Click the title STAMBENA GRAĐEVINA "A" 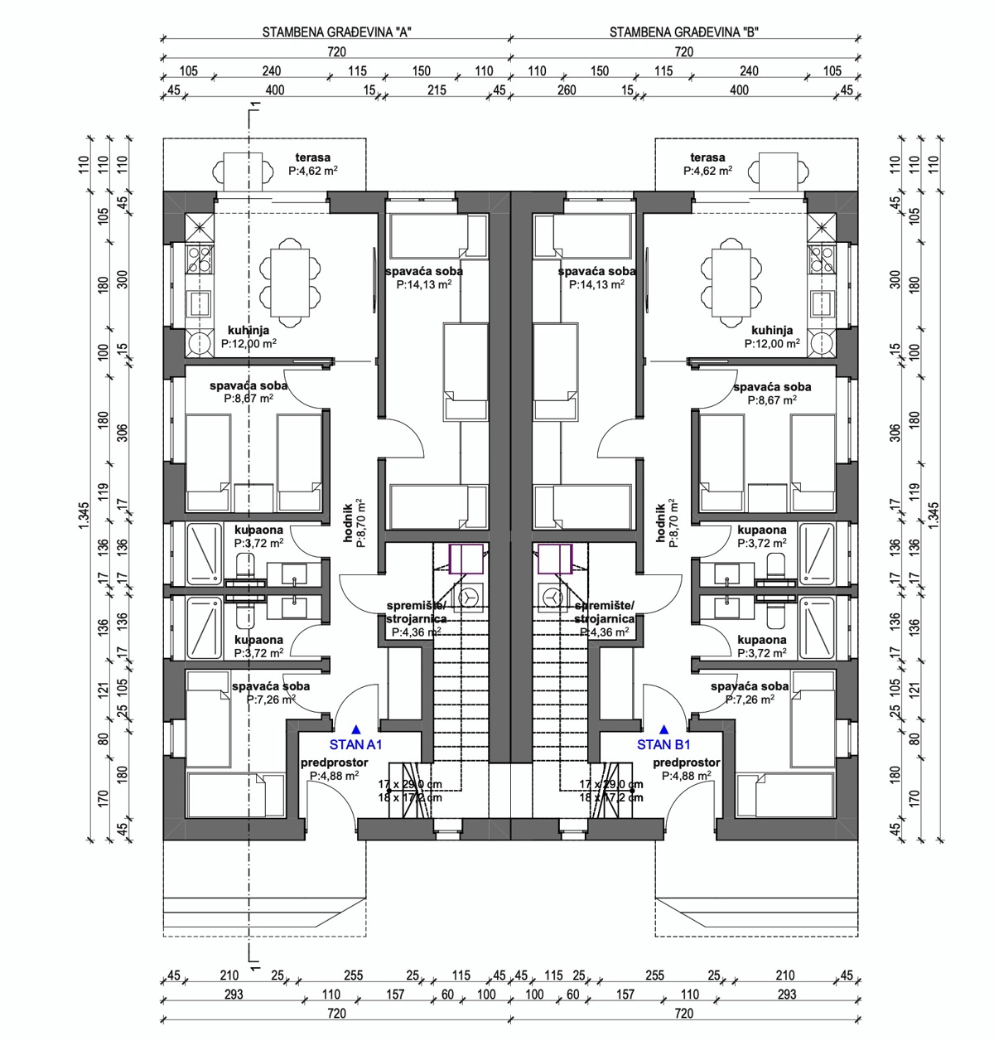click(337, 33)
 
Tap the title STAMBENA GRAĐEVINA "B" click(684, 33)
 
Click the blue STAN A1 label click(355, 744)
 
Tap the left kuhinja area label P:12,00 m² click(248, 342)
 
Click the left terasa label click(313, 157)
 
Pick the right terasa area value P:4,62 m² click(707, 171)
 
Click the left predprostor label click(334, 763)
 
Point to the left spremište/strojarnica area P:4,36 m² click(416, 632)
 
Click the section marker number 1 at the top click(259, 105)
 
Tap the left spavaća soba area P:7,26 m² click(271, 700)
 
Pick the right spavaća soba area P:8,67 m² click(772, 399)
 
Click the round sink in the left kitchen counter click(200, 341)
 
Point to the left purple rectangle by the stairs click(466, 559)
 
